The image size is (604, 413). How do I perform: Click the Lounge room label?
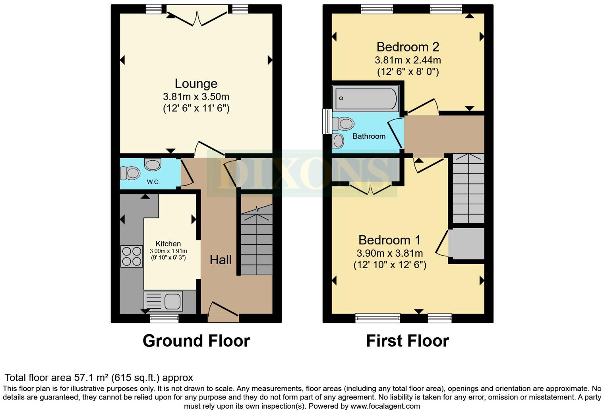pos(196,83)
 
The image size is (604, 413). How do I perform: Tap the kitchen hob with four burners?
pos(132,256)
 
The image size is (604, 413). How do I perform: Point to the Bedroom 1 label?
pos(389,240)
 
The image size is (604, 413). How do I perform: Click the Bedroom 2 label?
pos(408,47)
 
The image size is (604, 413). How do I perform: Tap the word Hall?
pos(221,260)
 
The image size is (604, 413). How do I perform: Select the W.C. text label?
pos(153,182)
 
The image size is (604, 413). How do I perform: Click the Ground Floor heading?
pos(196,341)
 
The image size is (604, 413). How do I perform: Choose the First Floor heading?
pos(407,341)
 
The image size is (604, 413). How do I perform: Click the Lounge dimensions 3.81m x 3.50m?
pos(196,96)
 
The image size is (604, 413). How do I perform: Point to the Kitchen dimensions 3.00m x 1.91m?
pos(168,251)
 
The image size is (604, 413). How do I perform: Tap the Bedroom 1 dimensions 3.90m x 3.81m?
pos(389,253)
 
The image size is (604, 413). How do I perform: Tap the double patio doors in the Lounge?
pos(197,16)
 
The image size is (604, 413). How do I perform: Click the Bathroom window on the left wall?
pos(327,121)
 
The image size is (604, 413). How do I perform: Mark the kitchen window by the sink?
pos(164,318)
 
